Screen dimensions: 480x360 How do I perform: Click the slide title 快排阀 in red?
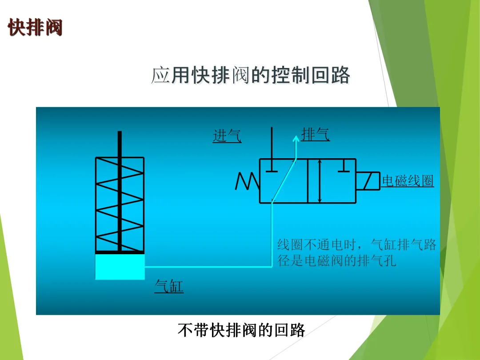tap(35, 28)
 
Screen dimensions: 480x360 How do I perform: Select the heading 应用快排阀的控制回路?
tap(250, 76)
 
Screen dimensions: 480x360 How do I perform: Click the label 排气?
tap(316, 134)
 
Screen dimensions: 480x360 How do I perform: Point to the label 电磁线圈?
tap(408, 181)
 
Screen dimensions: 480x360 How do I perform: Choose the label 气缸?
tap(169, 286)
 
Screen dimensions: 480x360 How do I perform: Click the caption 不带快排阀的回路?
tap(241, 330)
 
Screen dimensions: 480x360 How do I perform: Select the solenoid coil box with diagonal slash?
tap(368, 181)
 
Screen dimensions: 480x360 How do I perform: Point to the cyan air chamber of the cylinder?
tap(120, 267)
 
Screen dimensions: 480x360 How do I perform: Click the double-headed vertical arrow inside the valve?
tap(320, 181)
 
